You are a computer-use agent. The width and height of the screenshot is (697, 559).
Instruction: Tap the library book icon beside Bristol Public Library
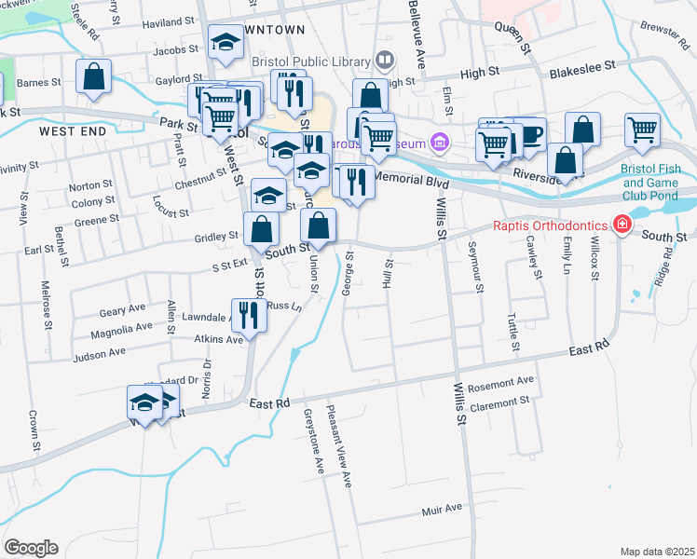click(383, 61)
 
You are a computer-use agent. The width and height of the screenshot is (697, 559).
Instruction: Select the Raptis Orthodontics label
click(550, 225)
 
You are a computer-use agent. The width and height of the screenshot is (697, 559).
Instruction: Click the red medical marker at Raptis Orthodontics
click(620, 224)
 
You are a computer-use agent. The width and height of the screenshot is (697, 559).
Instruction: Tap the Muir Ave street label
click(442, 509)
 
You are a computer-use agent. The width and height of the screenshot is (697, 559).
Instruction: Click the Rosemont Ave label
click(502, 381)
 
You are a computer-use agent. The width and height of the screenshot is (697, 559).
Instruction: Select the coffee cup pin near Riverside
click(529, 134)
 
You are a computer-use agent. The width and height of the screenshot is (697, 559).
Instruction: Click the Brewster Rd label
click(664, 30)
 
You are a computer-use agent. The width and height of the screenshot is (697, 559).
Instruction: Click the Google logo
click(31, 547)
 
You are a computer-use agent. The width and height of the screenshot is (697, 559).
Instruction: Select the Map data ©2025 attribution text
click(657, 552)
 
